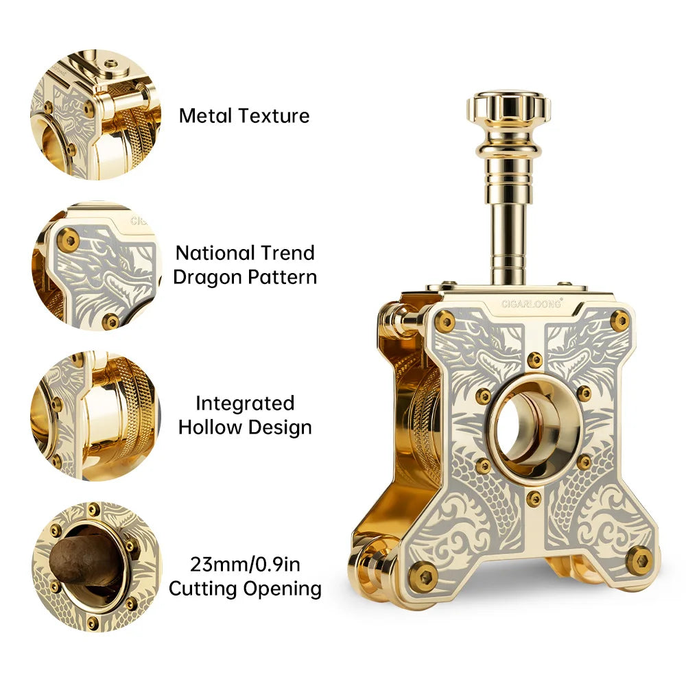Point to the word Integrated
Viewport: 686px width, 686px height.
[x=244, y=403]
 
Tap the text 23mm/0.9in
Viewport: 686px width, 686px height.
[x=245, y=564]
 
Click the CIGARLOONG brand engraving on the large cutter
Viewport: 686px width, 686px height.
[x=531, y=303]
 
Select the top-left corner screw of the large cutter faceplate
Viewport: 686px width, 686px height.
[x=445, y=320]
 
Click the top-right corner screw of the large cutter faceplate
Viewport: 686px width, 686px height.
[x=619, y=319]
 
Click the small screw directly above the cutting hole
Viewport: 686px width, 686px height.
[x=534, y=359]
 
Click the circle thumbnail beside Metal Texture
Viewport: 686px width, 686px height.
[x=96, y=114]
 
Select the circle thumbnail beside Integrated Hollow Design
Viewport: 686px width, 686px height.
[x=96, y=416]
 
